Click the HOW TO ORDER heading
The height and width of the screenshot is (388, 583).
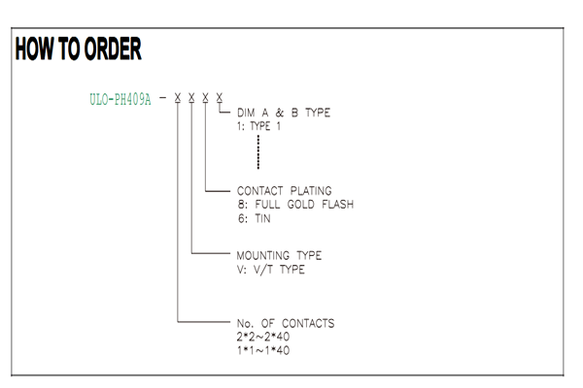[x=78, y=48]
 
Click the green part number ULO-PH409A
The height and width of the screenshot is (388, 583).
[x=120, y=100]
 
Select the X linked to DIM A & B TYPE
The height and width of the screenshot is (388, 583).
[x=220, y=97]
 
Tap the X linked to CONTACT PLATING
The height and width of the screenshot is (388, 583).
[x=205, y=97]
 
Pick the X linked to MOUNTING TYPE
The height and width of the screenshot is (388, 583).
[x=191, y=97]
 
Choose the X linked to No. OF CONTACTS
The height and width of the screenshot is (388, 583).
[x=178, y=97]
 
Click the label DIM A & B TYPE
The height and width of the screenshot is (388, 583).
[x=284, y=113]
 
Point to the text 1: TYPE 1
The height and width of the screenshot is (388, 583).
[x=258, y=126]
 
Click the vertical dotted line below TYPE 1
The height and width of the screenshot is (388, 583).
[x=258, y=152]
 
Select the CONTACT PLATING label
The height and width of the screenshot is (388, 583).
[x=285, y=191]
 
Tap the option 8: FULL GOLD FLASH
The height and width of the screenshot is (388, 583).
[x=296, y=205]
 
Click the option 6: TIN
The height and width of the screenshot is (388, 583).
[x=255, y=218]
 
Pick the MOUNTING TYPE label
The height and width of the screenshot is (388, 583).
[x=279, y=255]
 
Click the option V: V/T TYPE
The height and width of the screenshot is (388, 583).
[x=271, y=270]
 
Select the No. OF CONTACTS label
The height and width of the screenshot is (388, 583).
[x=286, y=323]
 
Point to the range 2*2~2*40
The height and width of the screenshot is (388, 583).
[x=263, y=337]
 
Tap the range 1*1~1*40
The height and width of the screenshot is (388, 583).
[x=263, y=350]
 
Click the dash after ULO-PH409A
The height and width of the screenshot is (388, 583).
[x=163, y=98]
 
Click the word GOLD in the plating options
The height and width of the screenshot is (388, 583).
[x=301, y=205]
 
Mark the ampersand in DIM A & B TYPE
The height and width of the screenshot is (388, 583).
[x=280, y=113]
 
